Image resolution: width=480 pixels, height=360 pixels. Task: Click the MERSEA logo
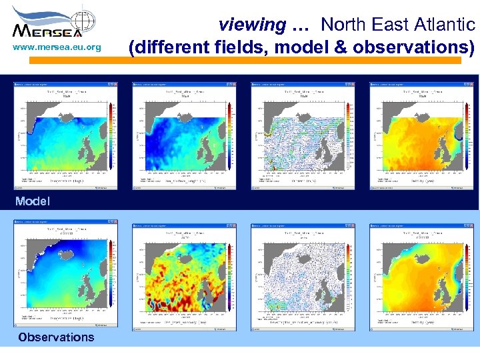pos(54,23)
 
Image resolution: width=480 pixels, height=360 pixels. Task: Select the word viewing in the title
pos(252,25)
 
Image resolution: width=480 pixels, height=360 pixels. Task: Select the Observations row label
pos(57,337)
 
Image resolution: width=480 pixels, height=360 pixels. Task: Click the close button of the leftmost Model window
pos(111,85)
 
